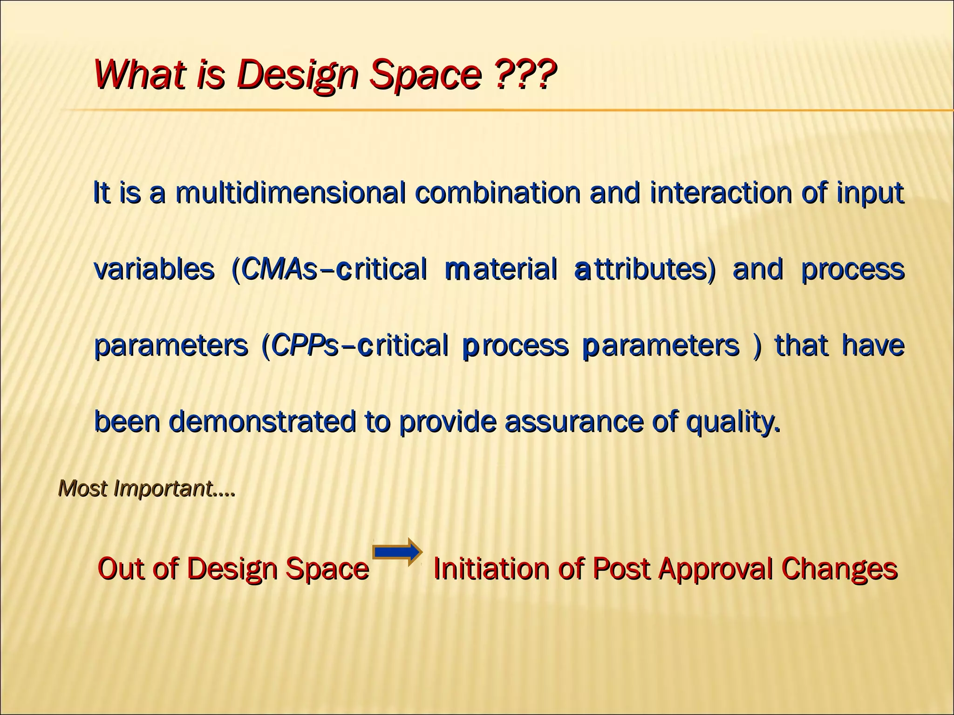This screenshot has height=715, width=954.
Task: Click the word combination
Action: (x=497, y=193)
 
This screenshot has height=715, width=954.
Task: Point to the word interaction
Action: (x=720, y=193)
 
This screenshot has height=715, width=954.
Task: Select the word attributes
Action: (x=645, y=270)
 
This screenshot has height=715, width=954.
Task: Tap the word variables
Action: (x=154, y=270)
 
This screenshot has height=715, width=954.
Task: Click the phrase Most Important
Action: (x=146, y=488)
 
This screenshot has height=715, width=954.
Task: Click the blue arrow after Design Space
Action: (x=397, y=552)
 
